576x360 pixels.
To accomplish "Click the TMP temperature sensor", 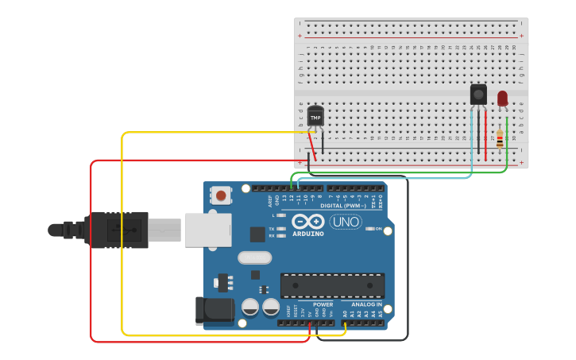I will (315, 117).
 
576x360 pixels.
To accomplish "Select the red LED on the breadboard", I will (502, 98).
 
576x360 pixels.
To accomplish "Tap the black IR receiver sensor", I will (478, 94).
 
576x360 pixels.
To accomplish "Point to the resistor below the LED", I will (500, 138).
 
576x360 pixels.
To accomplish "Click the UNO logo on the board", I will (346, 222).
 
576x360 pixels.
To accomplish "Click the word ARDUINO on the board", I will (308, 234).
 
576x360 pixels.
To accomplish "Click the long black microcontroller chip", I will (332, 285).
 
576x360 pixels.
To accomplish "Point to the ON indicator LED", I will (369, 229).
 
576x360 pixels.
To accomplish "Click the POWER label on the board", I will (323, 304).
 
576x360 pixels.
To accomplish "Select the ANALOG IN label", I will (366, 304).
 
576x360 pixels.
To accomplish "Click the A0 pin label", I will (345, 314).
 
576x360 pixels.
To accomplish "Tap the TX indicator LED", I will (281, 228).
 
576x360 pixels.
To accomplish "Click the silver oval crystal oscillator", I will (254, 257).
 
